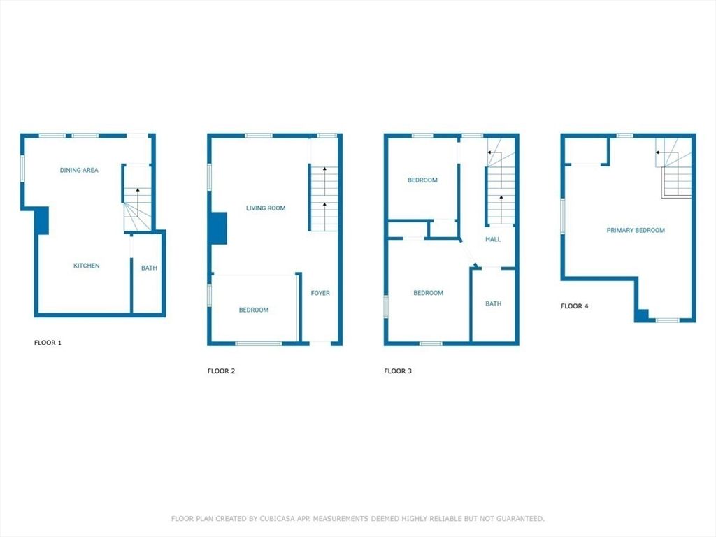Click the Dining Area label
coord(79,170)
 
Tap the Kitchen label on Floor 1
coord(87,266)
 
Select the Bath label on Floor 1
coord(149,268)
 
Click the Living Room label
coord(266,208)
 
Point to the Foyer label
coord(320,293)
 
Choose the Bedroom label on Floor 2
coord(253,310)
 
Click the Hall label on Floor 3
coord(493,239)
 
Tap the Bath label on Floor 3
coord(494,303)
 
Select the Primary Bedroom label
coord(636,230)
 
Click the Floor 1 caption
coord(48,343)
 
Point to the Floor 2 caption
coord(222,371)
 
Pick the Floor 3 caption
coord(399,371)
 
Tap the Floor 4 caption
coord(575,306)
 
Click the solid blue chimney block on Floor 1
coord(41,220)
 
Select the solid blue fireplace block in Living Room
coord(219,228)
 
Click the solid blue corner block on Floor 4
coord(641,315)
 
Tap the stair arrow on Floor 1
coord(137,190)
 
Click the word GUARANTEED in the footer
coord(519,519)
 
